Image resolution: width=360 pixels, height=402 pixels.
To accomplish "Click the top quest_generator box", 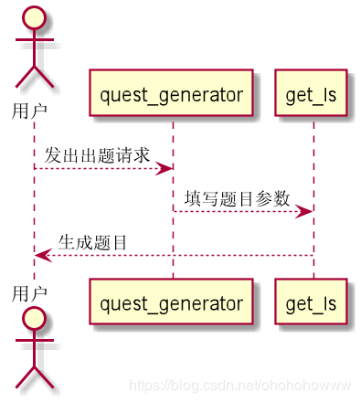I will click(171, 93).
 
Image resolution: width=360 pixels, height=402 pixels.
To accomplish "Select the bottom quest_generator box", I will click(171, 302).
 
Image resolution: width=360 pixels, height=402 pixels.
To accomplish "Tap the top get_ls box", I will click(312, 93).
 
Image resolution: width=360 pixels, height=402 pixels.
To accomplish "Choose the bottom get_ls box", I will click(312, 302).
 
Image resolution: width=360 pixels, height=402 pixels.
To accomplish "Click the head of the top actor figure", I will click(35, 18).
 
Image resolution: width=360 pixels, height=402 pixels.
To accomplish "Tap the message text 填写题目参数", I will click(237, 198).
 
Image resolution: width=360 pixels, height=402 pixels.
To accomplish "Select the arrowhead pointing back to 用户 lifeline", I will click(42, 255).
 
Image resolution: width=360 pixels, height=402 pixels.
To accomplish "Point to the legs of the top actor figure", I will click(35, 76).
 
